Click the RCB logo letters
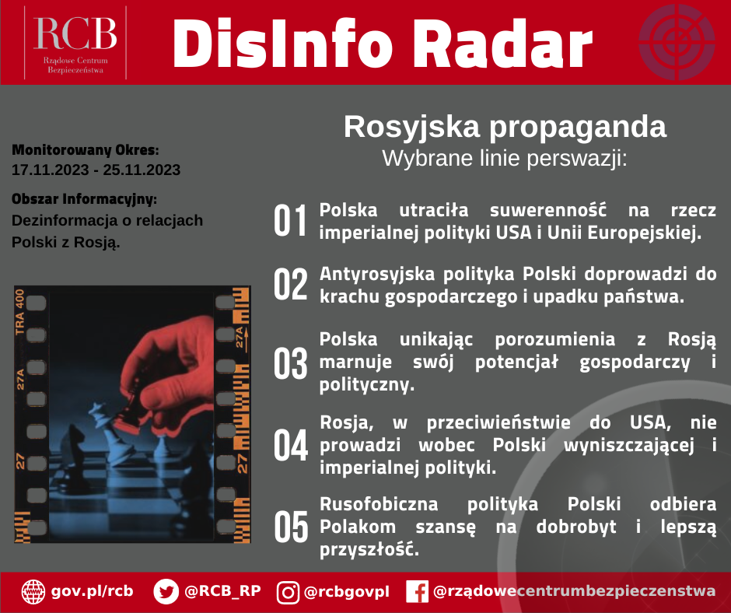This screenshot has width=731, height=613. click(x=75, y=33)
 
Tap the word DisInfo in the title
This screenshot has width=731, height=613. click(x=283, y=44)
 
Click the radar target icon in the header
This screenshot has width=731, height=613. click(x=677, y=42)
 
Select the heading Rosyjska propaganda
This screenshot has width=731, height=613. click(x=505, y=127)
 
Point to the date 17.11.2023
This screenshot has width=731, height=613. click(x=50, y=170)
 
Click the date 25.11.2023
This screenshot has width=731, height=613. click(x=142, y=170)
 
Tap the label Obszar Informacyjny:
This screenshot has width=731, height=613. click(x=85, y=199)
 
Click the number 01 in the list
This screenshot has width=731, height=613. click(x=290, y=221)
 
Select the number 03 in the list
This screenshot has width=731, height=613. click(x=290, y=363)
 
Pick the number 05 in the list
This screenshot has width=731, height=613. click(x=291, y=527)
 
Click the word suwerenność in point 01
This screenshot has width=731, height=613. click(x=547, y=210)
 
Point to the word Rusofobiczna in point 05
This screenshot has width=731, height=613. click(x=379, y=504)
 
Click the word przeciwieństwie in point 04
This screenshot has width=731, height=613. click(x=498, y=422)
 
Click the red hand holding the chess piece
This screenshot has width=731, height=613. click(x=169, y=369)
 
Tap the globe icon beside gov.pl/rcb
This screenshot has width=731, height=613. click(x=33, y=592)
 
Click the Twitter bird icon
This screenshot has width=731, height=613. click(x=166, y=592)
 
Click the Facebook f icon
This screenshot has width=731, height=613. click(x=418, y=592)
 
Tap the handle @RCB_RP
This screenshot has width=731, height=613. click(x=222, y=591)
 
